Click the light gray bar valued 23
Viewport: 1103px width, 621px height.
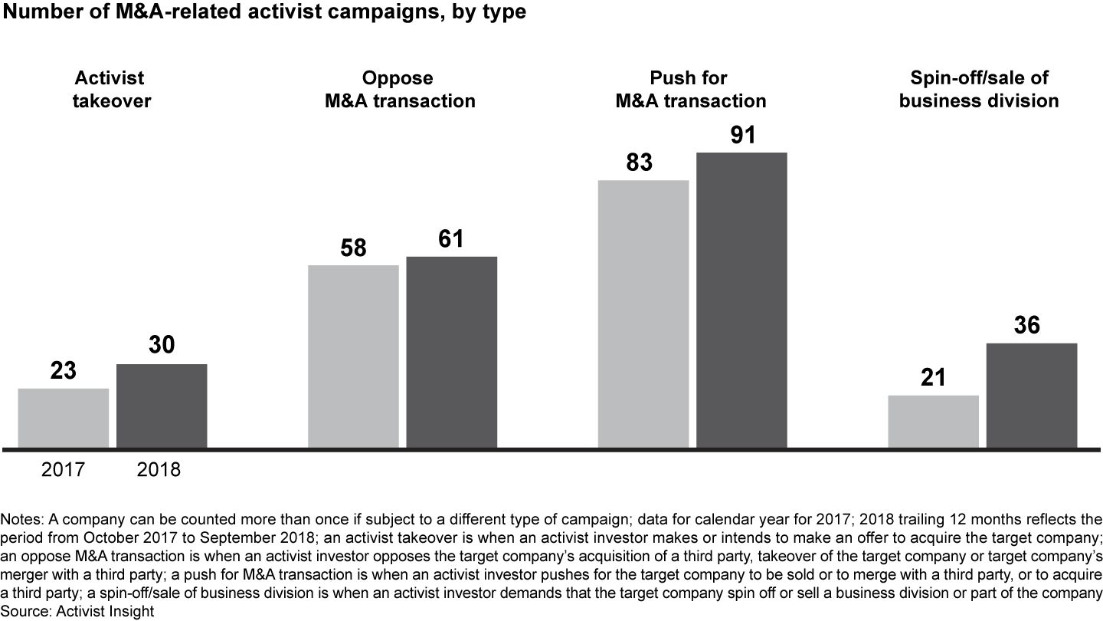click(x=63, y=418)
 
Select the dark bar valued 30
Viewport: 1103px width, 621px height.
click(x=162, y=406)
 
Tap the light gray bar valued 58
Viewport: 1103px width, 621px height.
click(x=353, y=356)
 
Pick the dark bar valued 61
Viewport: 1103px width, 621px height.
click(x=451, y=352)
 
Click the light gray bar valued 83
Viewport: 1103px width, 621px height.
click(x=643, y=314)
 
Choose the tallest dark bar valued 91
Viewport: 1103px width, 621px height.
click(x=741, y=300)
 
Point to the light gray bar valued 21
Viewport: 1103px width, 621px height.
click(x=933, y=421)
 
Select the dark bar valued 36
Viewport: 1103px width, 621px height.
click(x=1031, y=395)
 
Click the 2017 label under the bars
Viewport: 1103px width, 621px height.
click(x=63, y=469)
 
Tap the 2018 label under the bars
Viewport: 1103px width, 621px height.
click(x=159, y=469)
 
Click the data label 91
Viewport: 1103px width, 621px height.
click(x=742, y=134)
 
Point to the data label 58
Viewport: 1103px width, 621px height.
click(x=353, y=248)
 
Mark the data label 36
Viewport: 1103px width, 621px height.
click(x=1027, y=325)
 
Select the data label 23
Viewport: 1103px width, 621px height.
click(x=64, y=371)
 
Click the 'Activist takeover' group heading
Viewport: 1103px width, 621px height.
click(x=112, y=89)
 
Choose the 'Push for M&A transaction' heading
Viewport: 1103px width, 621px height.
click(x=691, y=89)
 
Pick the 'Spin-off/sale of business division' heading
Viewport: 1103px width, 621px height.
click(x=979, y=89)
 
